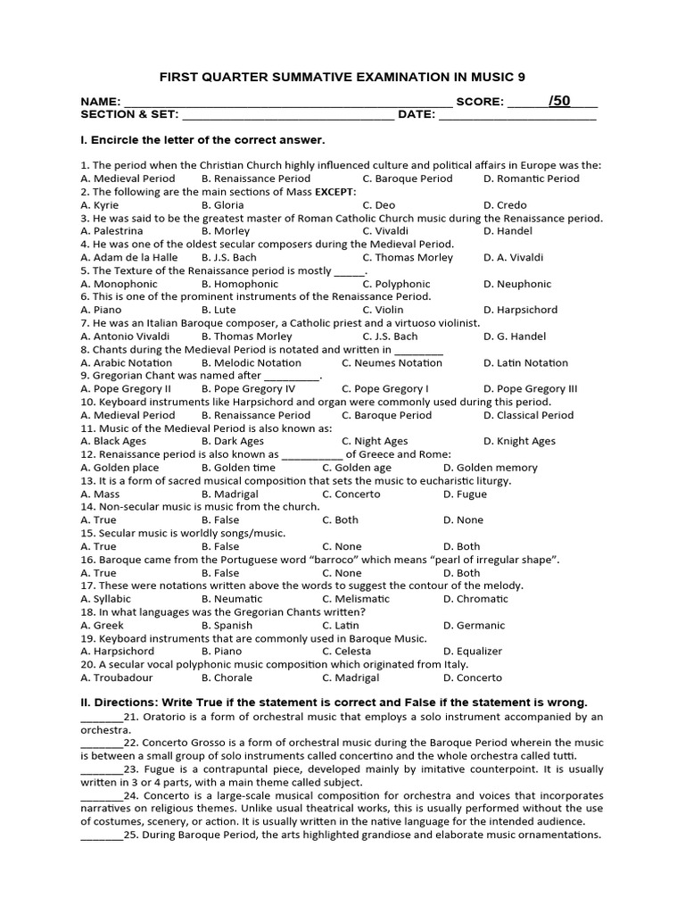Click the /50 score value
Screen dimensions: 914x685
tap(559, 101)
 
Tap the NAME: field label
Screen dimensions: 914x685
tap(100, 102)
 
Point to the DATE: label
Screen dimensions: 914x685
tap(416, 115)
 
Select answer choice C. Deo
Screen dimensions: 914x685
tap(378, 205)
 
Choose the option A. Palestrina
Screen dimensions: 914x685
tap(111, 231)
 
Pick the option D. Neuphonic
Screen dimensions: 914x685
tap(517, 284)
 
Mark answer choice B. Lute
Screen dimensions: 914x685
tap(219, 310)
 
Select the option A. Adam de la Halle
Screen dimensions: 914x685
tap(129, 258)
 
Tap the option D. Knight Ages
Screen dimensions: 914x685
tap(519, 441)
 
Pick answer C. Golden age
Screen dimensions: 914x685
tap(357, 468)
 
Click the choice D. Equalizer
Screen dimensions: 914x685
tap(473, 652)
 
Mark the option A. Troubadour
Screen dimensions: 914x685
tap(116, 677)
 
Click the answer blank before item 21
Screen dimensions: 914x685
tap(102, 717)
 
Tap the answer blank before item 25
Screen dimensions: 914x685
tap(102, 835)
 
